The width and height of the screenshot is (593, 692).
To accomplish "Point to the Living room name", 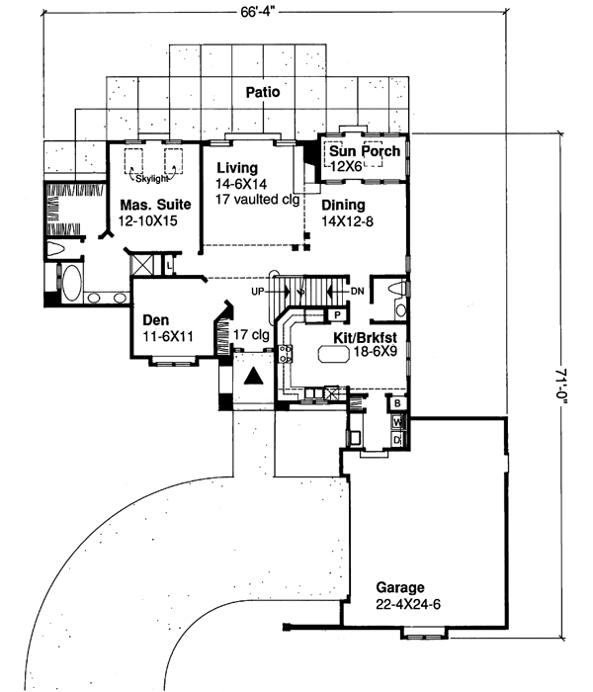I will click(x=237, y=167).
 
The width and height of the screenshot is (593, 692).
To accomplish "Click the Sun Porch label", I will click(x=365, y=151).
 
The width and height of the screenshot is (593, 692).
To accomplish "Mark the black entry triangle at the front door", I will click(x=254, y=376).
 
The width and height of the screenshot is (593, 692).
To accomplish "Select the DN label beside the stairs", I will click(x=357, y=292).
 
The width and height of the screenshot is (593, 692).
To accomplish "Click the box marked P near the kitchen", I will click(x=336, y=315).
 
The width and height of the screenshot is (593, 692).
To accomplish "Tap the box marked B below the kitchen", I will click(x=396, y=403).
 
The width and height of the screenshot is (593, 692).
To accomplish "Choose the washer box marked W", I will click(x=396, y=421).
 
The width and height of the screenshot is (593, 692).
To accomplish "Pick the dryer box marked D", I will click(x=396, y=438).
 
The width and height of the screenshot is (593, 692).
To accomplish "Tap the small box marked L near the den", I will click(x=169, y=266).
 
